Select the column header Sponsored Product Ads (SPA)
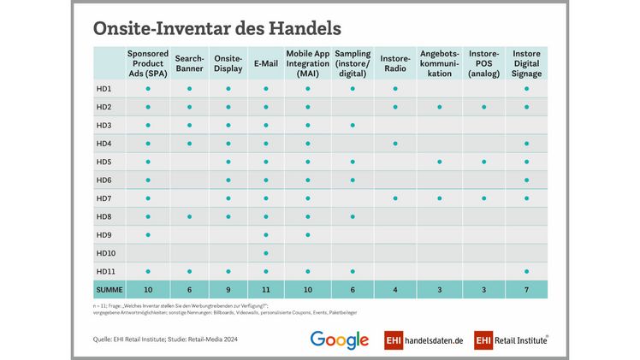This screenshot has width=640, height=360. coord(148,63)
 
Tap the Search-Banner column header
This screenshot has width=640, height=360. coord(189,63)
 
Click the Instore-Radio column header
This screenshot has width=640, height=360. coord(394,63)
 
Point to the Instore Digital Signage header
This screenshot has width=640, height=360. coord(526,63)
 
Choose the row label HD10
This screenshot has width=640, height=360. coord(106,252)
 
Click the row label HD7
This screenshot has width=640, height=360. coord(104,198)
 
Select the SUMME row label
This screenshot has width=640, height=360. coord(109,289)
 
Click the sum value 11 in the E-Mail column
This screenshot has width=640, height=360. coord(265,289)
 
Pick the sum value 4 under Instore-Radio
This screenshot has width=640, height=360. coord(394,289)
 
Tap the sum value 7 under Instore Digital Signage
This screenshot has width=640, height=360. coord(526,289)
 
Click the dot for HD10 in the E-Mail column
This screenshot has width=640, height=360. coord(265,252)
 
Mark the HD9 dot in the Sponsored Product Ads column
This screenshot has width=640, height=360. coord(148,234)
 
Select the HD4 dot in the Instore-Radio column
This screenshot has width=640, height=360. coord(394,143)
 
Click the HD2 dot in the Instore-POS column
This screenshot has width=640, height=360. coord(483,107)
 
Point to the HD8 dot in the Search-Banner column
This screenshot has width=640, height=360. coord(189,216)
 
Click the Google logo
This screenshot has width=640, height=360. coord(340,339)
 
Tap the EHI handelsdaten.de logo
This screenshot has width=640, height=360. coord(423,339)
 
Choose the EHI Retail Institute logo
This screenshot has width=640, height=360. coord(512,339)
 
